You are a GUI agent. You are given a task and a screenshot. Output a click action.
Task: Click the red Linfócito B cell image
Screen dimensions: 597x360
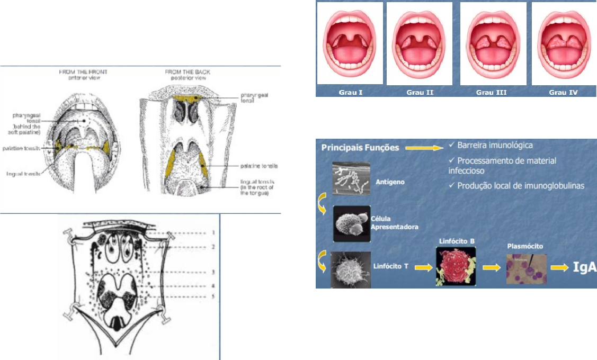coord(453,267)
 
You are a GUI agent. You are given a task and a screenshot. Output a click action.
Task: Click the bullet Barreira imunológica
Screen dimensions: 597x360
coord(491,145)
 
